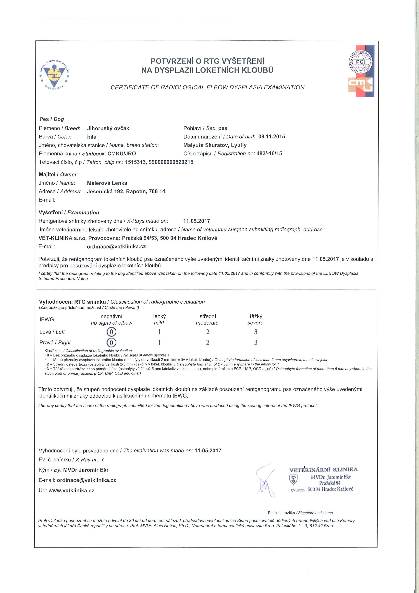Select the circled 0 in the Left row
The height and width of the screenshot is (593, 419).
(x=111, y=332)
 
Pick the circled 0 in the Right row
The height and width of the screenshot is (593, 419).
(x=111, y=342)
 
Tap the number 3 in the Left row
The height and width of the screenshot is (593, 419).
(x=256, y=332)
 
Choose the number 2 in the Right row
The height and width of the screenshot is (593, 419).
(x=208, y=343)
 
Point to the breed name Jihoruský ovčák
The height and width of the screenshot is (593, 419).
(x=108, y=128)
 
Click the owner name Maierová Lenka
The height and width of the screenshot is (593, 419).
(x=107, y=183)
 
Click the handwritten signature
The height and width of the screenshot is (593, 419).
(x=266, y=480)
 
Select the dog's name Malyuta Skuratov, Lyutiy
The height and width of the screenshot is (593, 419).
(x=215, y=145)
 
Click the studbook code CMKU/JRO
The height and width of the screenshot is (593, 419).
(x=122, y=153)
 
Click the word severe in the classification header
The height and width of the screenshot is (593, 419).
(x=255, y=323)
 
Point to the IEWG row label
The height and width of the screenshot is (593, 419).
(x=47, y=319)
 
